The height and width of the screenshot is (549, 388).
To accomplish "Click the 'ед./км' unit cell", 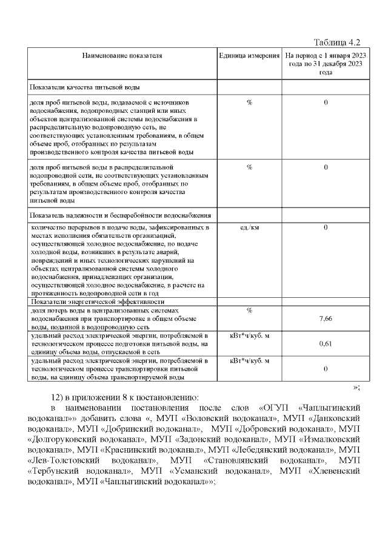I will tap(249, 227).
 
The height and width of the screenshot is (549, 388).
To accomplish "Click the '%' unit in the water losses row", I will tap(249, 311).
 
